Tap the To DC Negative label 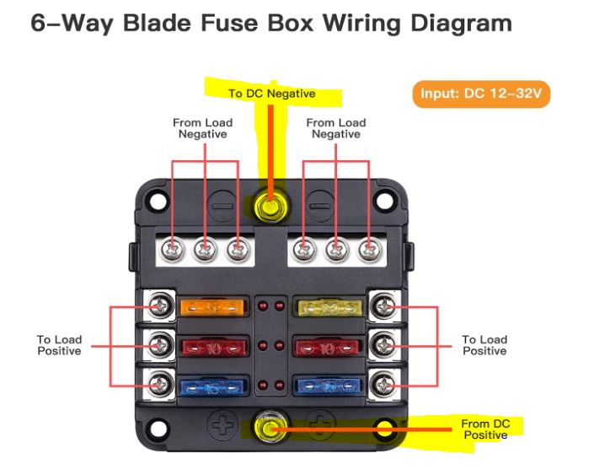pos(271,94)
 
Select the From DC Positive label pos(485,429)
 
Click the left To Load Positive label pos(58,345)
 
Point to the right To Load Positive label pos(485,345)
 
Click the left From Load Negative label pos(202,128)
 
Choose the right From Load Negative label pos(335,128)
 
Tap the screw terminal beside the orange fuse pos(158,305)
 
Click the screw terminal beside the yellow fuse pos(384,305)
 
